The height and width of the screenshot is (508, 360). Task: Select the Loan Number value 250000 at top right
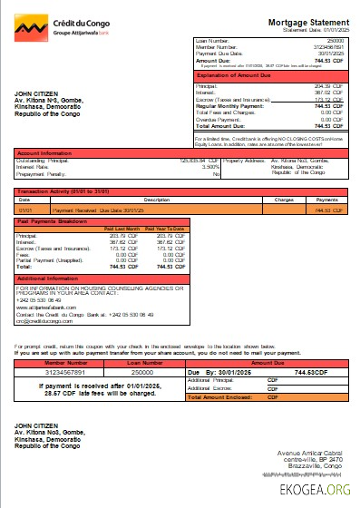tap(336, 42)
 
